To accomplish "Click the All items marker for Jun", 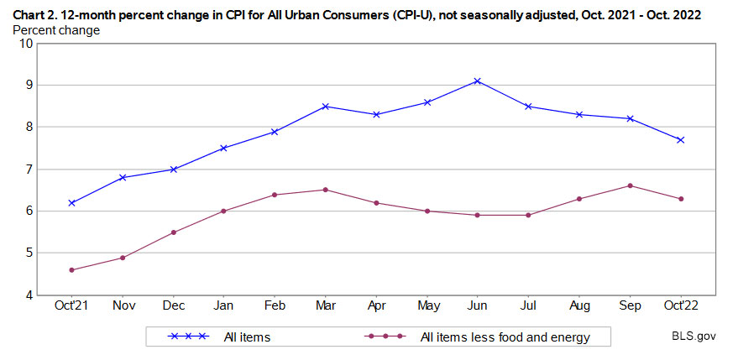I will tap(477, 81).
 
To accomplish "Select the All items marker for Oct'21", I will tap(72, 202).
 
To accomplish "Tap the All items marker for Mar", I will tap(325, 107).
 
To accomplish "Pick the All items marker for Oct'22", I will tap(680, 140).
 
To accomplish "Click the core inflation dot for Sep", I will tap(630, 185).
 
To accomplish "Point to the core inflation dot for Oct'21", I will tap(72, 269).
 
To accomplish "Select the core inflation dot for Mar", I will tap(325, 190).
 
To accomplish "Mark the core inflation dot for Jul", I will tap(528, 215).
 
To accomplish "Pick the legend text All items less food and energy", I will tap(505, 337).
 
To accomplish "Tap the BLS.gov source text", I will tap(693, 337).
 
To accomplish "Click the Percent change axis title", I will tap(56, 30).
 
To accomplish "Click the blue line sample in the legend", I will tap(188, 337).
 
